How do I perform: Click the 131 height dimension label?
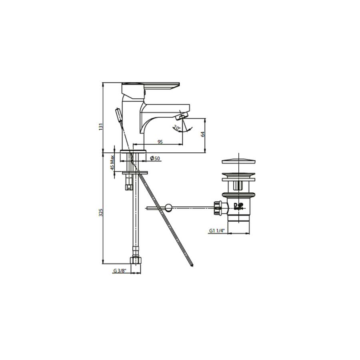101,126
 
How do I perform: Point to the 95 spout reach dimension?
160,142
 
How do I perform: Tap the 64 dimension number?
203,134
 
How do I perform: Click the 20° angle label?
176,128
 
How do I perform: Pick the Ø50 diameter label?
155,159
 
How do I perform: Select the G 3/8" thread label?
119,271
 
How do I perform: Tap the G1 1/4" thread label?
217,231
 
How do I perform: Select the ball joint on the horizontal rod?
169,207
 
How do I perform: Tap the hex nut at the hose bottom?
137,260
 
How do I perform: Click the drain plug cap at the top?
238,162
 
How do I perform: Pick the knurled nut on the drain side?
218,207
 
